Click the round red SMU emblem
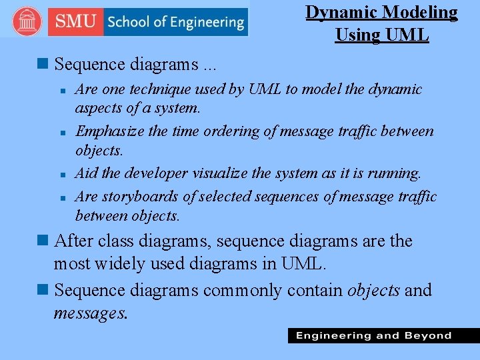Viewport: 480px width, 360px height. [27, 21]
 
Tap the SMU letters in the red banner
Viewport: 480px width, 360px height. [75, 22]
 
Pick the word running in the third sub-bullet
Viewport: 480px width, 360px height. [393, 173]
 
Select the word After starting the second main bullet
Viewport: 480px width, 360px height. [75, 241]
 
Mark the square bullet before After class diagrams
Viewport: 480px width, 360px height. [44, 241]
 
